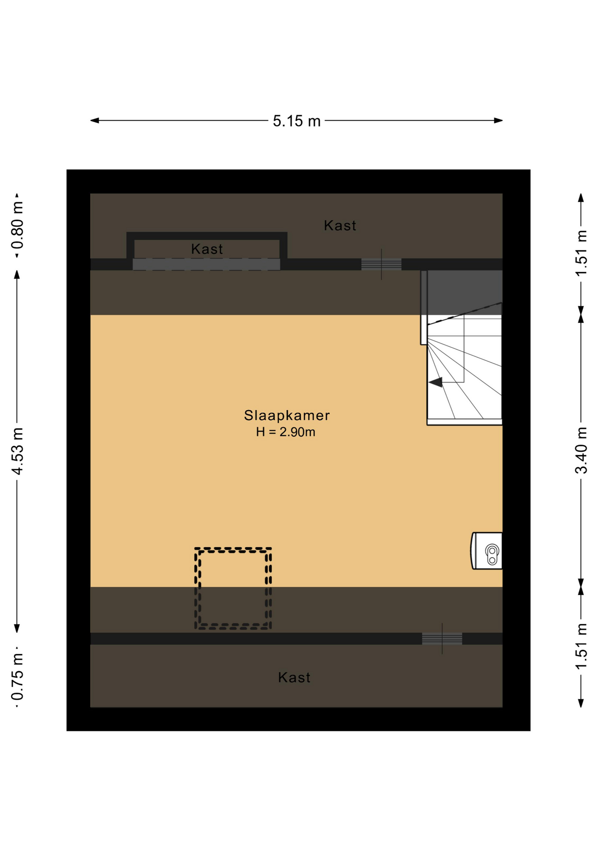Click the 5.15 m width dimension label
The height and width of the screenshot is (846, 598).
point(296,121)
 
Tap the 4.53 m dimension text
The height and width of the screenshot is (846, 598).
point(17,451)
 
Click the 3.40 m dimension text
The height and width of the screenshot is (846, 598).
point(581,450)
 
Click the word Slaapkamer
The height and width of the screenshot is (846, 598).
point(287,415)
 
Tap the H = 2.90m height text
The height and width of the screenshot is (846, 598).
point(286,432)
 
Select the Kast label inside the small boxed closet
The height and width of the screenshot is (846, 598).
point(207,249)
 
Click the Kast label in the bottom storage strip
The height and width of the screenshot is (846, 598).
point(294,677)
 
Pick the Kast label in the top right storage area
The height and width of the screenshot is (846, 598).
point(340,226)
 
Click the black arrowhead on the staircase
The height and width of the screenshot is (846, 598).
point(436,382)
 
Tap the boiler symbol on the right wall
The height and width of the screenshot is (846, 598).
point(487,551)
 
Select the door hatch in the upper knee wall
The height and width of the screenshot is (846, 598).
point(381,264)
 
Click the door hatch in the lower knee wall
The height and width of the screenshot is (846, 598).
point(442,638)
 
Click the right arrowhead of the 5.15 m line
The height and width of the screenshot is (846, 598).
point(498,120)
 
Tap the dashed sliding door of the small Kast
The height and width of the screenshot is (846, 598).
point(206,264)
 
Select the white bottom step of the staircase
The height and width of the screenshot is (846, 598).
point(465,422)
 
